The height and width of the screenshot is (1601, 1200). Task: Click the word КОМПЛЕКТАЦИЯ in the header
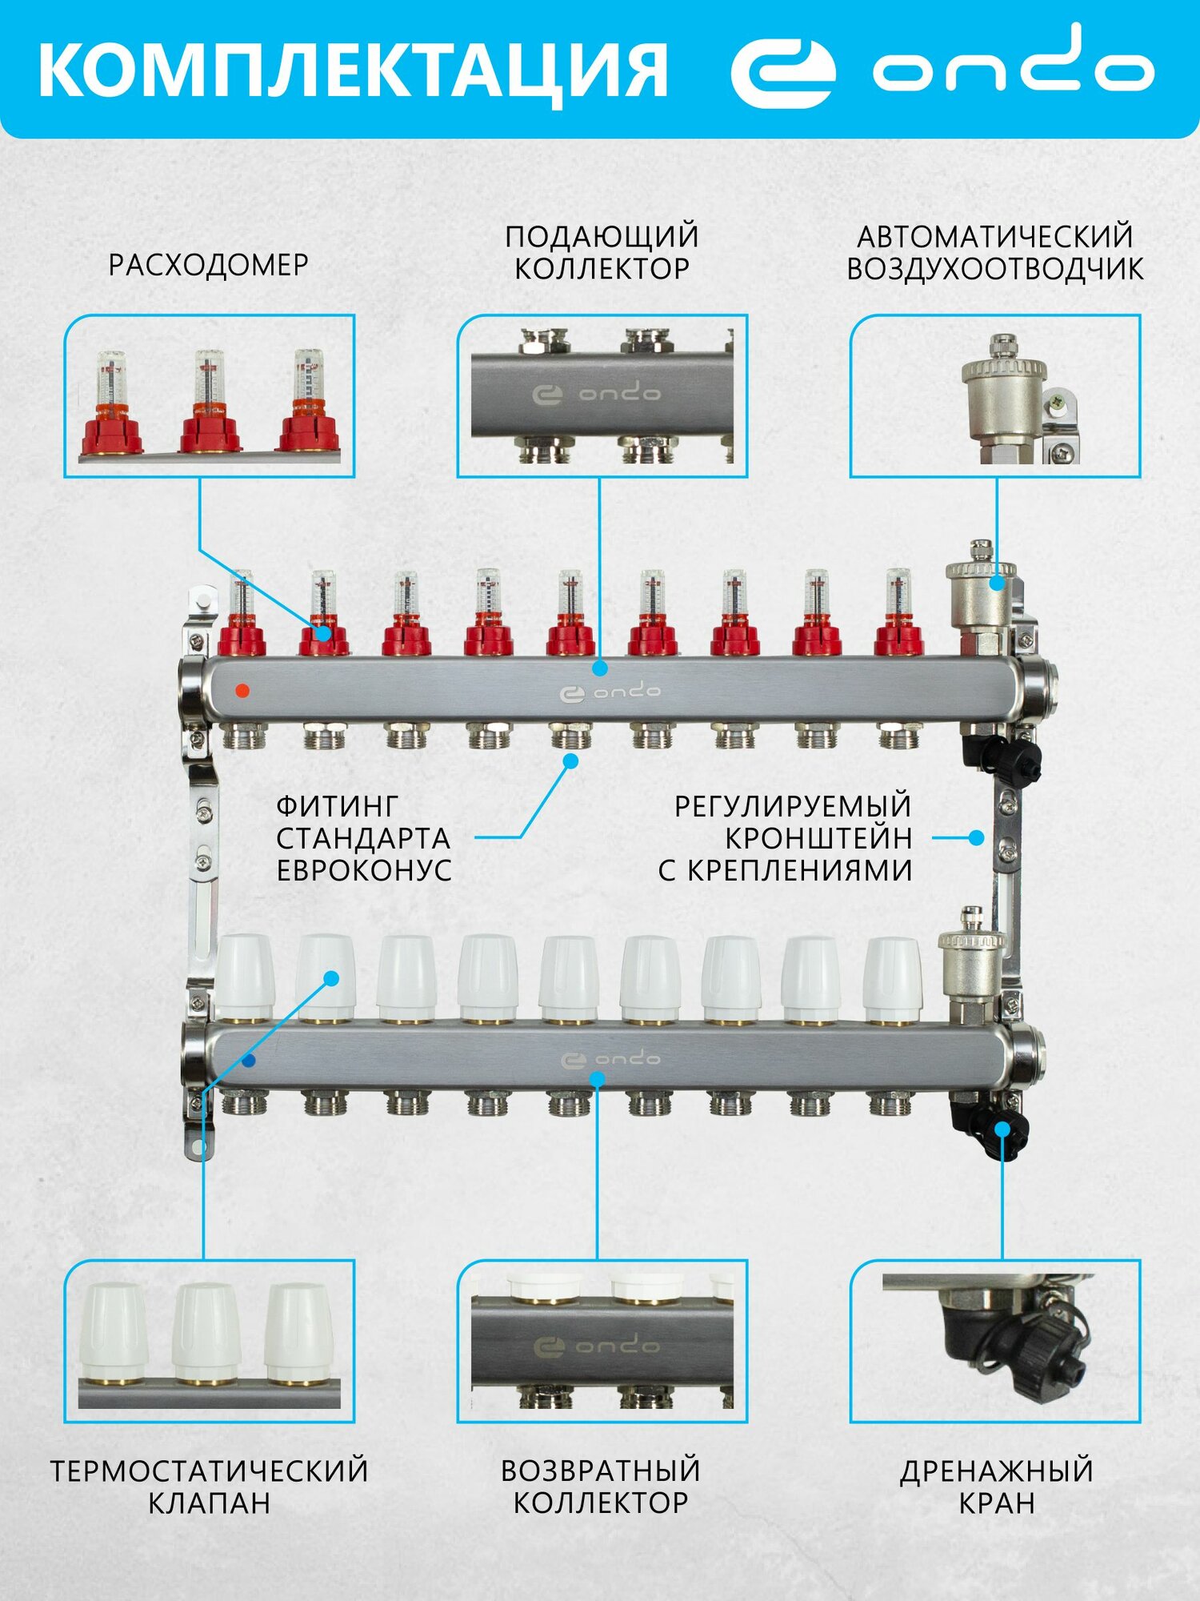coord(352,70)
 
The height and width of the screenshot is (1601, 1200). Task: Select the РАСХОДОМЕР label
coord(208,265)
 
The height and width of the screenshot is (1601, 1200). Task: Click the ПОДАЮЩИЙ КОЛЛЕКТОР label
coord(602,252)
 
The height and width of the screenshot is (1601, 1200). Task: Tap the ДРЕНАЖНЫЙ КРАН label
coord(996,1487)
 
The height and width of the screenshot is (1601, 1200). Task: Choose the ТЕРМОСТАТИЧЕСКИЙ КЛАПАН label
coord(209,1487)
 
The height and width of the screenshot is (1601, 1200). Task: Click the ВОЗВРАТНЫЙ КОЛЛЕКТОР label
coord(601,1487)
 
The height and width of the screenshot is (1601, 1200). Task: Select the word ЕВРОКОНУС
coord(364,870)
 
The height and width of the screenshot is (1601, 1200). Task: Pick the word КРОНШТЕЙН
coord(818,838)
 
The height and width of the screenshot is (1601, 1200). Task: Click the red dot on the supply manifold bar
coord(243,690)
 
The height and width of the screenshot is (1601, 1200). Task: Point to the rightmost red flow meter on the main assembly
coord(899,616)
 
